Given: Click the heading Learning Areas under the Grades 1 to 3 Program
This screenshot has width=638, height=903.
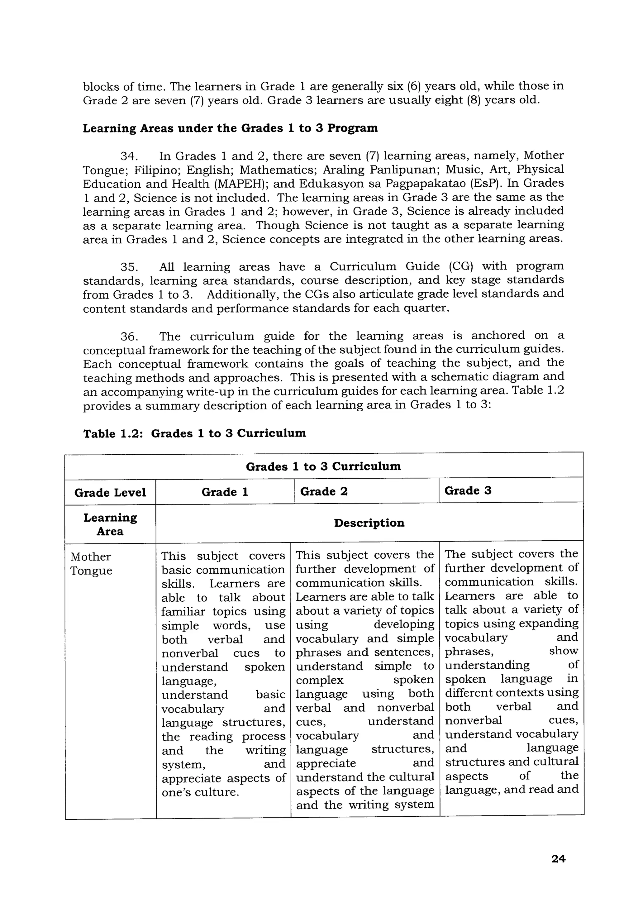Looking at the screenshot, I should pyautogui.click(x=230, y=128).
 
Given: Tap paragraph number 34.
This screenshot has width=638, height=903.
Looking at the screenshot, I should pyautogui.click(x=129, y=156).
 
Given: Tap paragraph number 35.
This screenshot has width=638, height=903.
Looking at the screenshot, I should pyautogui.click(x=129, y=267).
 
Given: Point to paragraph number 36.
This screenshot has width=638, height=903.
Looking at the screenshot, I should pyautogui.click(x=129, y=337).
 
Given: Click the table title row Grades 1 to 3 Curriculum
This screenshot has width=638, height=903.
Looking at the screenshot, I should pyautogui.click(x=323, y=466).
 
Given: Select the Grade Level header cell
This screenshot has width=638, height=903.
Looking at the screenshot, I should pyautogui.click(x=110, y=492).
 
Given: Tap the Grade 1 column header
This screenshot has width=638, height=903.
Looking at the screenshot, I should pyautogui.click(x=225, y=492).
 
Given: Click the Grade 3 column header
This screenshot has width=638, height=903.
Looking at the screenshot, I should pyautogui.click(x=468, y=490).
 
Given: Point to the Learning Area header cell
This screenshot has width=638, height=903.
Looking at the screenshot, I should pyautogui.click(x=110, y=524).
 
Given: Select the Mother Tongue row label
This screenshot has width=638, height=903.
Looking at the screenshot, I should pyautogui.click(x=91, y=564).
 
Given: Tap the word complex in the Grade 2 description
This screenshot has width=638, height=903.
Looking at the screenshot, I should pyautogui.click(x=320, y=680).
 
